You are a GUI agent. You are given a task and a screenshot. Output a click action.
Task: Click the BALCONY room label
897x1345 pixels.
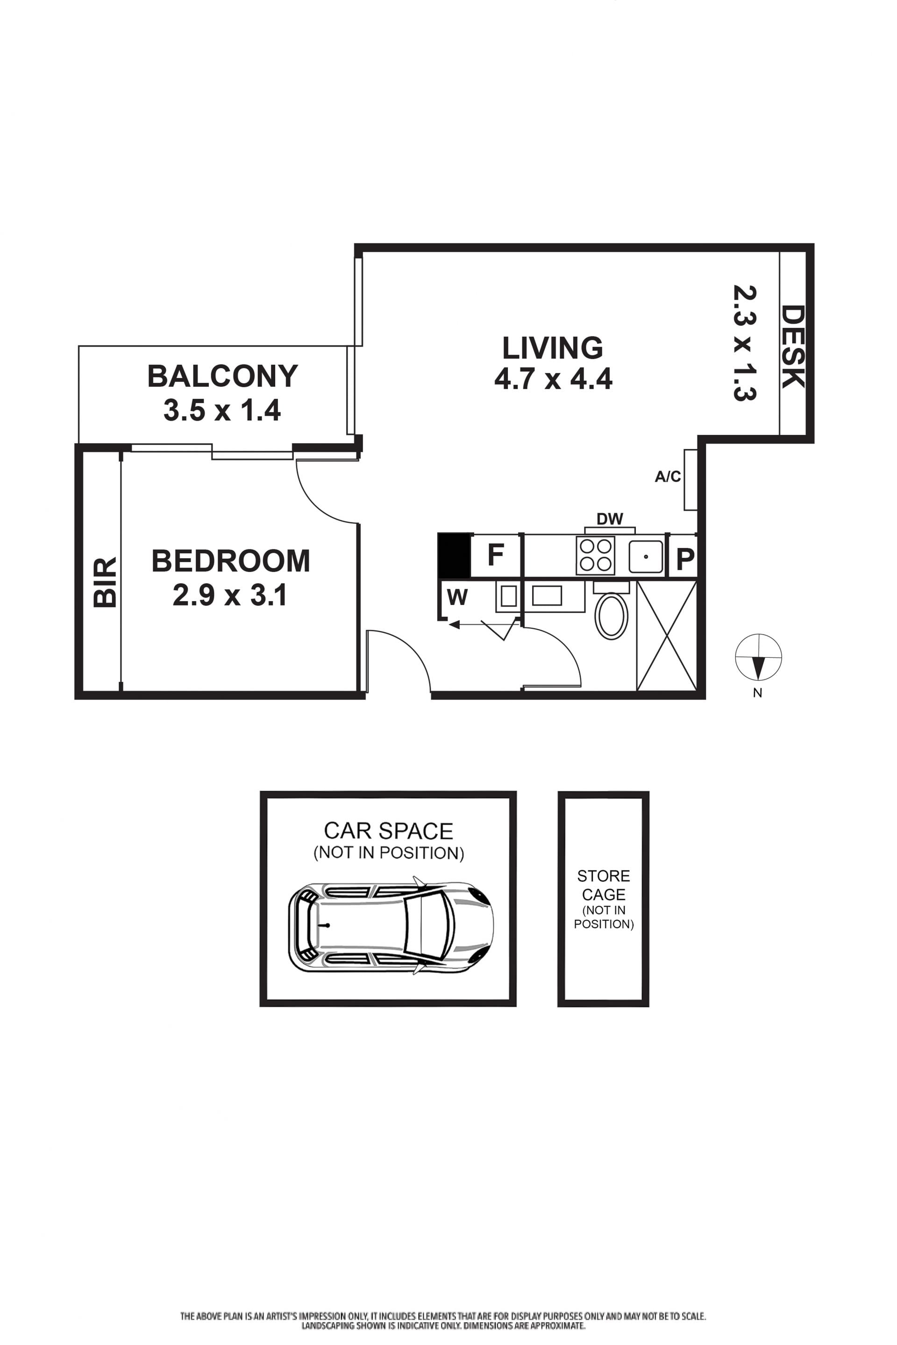pyautogui.click(x=222, y=377)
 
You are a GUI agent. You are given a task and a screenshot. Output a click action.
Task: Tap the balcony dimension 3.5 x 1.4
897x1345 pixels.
pyautogui.click(x=222, y=410)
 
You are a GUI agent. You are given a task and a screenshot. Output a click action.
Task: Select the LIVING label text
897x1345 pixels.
pyautogui.click(x=553, y=348)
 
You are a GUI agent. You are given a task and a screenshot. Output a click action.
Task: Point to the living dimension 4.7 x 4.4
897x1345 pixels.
pyautogui.click(x=553, y=379)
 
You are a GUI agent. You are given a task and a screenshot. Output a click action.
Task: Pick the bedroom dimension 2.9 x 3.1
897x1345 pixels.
pyautogui.click(x=229, y=595)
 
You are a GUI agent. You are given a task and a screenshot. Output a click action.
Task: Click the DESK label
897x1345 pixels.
pyautogui.click(x=793, y=347)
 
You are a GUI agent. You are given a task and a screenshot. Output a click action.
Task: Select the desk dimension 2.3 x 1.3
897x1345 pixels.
pyautogui.click(x=745, y=343)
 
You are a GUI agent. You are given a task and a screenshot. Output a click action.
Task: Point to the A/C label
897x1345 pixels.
pyautogui.click(x=668, y=477)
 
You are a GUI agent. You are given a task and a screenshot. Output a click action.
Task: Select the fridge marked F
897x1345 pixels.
pyautogui.click(x=495, y=555)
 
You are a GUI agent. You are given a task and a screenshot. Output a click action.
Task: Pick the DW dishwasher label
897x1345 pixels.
pyautogui.click(x=610, y=519)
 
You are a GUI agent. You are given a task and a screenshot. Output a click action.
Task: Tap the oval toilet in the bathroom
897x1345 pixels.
pyautogui.click(x=612, y=616)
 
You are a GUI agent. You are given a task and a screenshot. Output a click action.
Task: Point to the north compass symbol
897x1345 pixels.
pyautogui.click(x=758, y=657)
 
